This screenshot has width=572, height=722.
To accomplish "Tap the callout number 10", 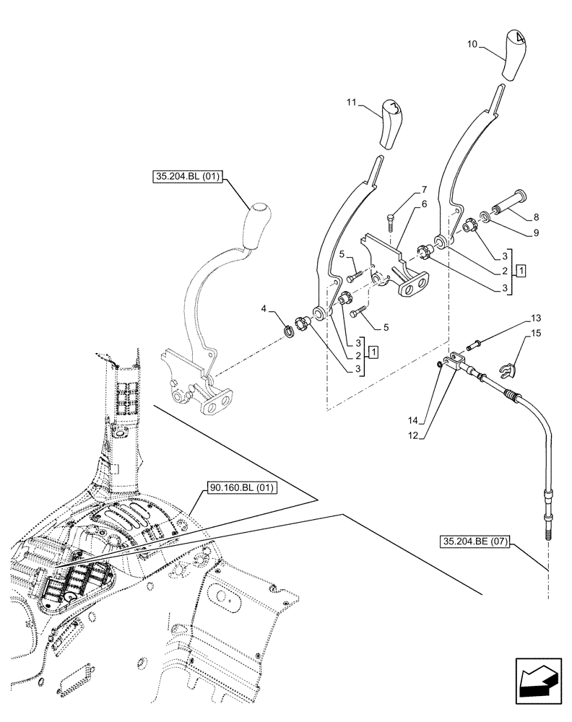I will coord(472,45).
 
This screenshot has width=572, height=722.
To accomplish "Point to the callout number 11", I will coord(352,105).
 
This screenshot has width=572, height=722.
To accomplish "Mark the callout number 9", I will coord(535,233).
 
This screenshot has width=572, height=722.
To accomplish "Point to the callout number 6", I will coord(424,204).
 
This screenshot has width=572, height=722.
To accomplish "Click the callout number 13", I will coord(537,318).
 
